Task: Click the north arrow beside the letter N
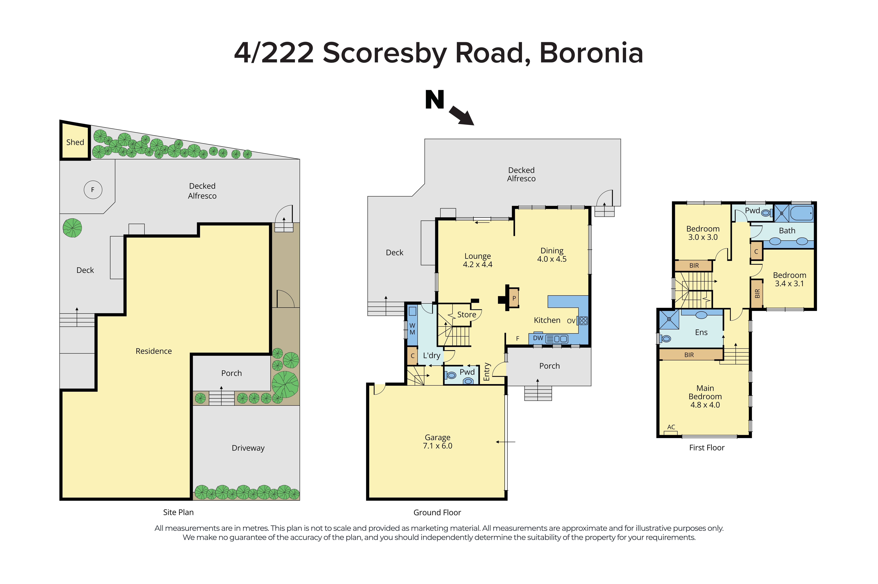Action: pyautogui.click(x=461, y=116)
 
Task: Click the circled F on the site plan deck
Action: pyautogui.click(x=93, y=190)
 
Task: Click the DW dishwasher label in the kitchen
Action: pyautogui.click(x=538, y=338)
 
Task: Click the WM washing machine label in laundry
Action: pyautogui.click(x=412, y=329)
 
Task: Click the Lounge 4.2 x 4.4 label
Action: pyautogui.click(x=477, y=260)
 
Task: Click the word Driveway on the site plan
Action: pyautogui.click(x=248, y=448)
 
